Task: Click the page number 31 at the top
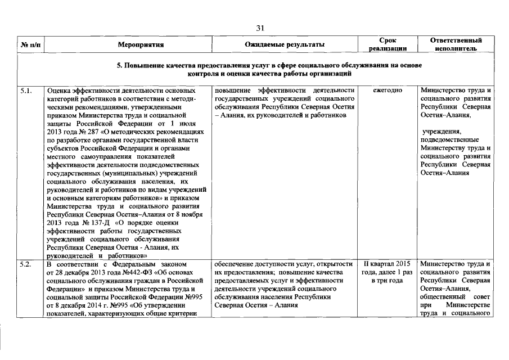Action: pyautogui.click(x=260, y=28)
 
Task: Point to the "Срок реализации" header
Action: pyautogui.click(x=388, y=44)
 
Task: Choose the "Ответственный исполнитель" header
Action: pyautogui.click(x=456, y=44)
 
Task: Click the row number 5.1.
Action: pyautogui.click(x=25, y=90)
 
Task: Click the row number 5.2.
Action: pyautogui.click(x=25, y=264)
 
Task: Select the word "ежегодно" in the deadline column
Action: pyautogui.click(x=387, y=91)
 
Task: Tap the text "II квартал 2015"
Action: pyautogui.click(x=388, y=264)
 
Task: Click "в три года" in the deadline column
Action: pyautogui.click(x=388, y=280)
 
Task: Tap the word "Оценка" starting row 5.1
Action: pyautogui.click(x=60, y=91)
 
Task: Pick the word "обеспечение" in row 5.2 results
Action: pyautogui.click(x=234, y=264)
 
